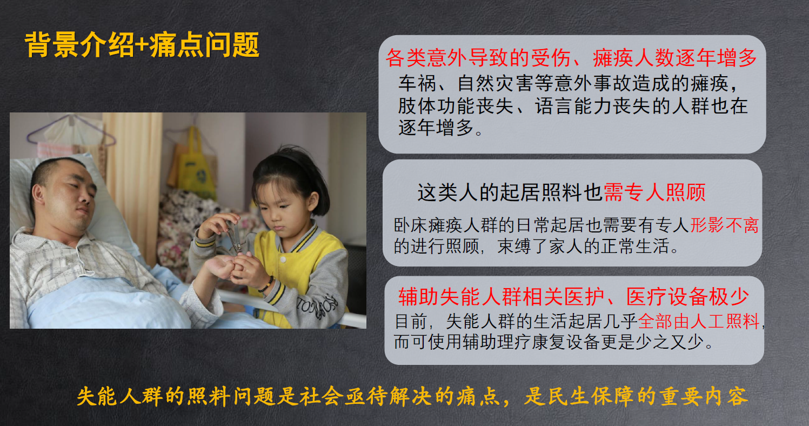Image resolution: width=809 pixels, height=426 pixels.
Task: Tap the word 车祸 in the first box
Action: click(x=417, y=83)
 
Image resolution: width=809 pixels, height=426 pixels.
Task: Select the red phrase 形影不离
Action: click(x=724, y=225)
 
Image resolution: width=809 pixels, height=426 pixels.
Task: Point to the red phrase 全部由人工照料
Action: click(x=698, y=321)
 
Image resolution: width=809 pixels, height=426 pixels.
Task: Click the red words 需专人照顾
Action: click(x=654, y=192)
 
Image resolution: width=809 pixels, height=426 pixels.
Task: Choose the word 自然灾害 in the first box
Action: click(x=495, y=83)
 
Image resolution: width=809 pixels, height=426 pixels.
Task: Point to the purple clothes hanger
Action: click(x=71, y=132)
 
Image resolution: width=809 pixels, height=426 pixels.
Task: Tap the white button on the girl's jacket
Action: click(x=284, y=259)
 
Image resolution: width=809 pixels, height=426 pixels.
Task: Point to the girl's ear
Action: click(x=313, y=201)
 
